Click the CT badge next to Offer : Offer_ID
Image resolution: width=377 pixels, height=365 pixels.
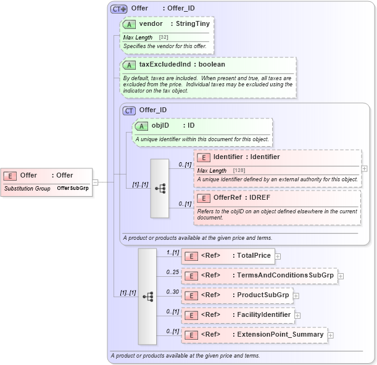point(118,9)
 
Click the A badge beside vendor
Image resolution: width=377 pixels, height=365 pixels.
point(129,24)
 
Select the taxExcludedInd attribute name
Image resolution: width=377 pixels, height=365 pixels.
point(165,64)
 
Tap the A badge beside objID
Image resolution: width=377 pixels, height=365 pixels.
point(141,126)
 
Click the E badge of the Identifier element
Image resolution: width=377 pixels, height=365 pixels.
point(204,157)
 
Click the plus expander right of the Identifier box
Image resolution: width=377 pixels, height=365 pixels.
point(365,168)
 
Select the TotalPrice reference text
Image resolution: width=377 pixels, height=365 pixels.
point(254,255)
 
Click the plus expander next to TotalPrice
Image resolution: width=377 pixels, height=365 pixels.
point(278,256)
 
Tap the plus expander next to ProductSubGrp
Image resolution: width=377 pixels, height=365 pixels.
point(296,295)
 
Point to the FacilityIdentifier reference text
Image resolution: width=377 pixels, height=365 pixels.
point(263,314)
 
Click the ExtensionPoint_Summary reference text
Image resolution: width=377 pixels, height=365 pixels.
point(280,334)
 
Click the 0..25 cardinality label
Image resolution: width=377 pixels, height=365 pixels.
point(172,271)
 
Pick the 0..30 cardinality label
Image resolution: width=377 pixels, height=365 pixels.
point(172,291)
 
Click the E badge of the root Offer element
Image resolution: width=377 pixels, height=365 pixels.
point(10,176)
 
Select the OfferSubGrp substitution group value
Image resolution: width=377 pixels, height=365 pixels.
point(73,188)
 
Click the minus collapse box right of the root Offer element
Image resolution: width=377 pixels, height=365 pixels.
point(95,182)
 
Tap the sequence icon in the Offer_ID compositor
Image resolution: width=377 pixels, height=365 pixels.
point(159,188)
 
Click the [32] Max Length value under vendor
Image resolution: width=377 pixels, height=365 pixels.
point(164,38)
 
